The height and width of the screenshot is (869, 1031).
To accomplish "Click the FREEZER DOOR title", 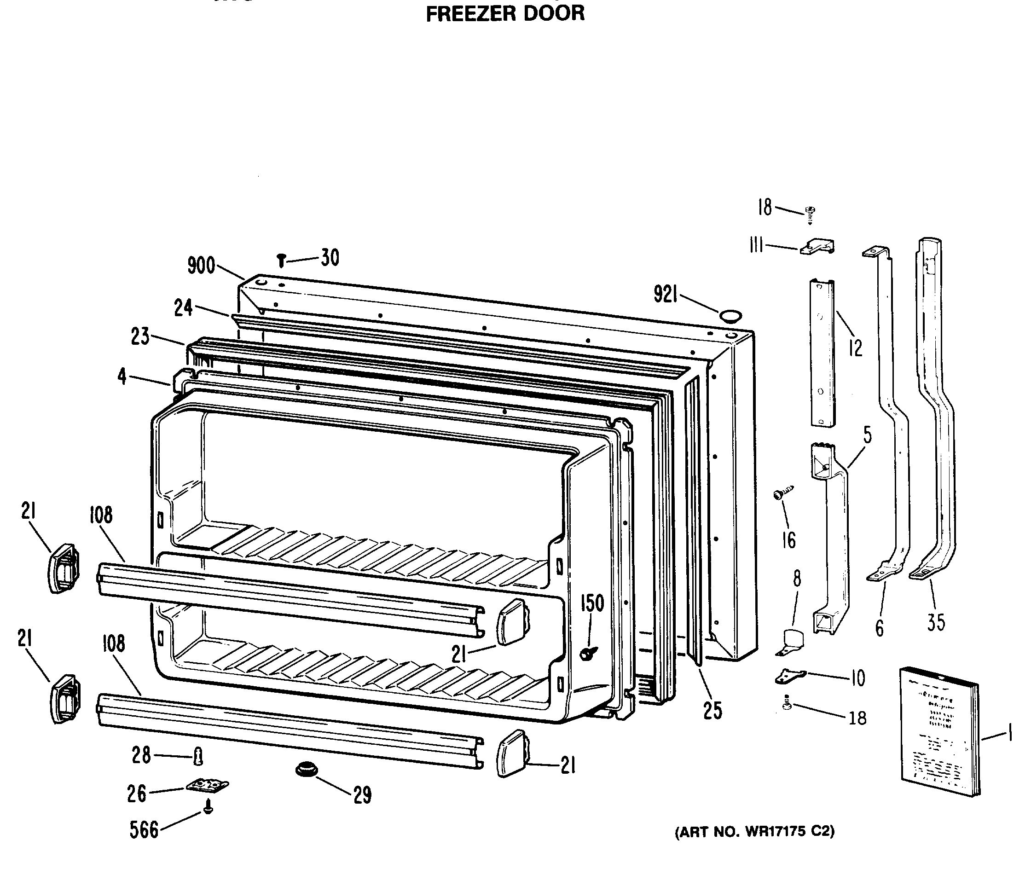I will tap(505, 13).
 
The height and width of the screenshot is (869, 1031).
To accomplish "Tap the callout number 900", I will tap(201, 266).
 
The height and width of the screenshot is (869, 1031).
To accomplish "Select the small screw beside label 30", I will tap(281, 260).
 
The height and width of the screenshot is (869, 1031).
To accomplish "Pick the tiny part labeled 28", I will tap(198, 756).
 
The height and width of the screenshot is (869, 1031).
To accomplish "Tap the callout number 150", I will tap(592, 603).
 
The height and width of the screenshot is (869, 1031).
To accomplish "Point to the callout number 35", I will tap(936, 622).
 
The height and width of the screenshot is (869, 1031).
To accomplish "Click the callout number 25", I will tap(712, 710).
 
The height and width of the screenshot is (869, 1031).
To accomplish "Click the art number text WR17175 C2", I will tap(755, 832).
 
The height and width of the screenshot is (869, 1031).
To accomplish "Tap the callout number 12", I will tap(856, 348).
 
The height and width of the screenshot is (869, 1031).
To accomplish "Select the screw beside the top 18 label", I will tap(809, 214).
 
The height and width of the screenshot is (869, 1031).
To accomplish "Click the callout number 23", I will tap(140, 336).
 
